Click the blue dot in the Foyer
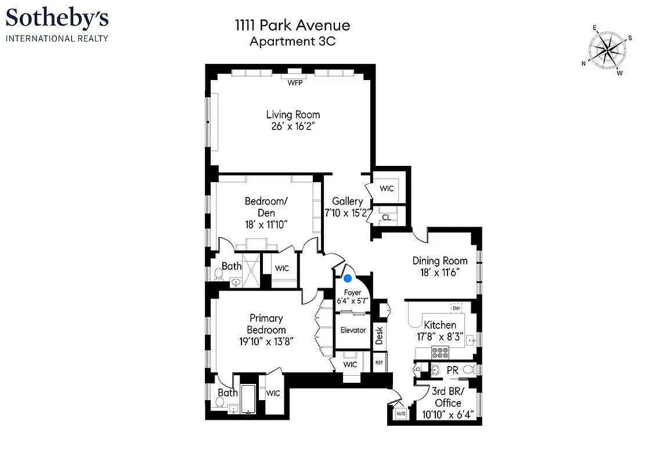[x=348, y=278]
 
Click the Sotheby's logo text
[x=57, y=19]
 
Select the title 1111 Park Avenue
[x=293, y=26]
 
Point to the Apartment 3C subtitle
[x=293, y=41]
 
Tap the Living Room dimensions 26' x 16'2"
[x=293, y=126]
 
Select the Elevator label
[x=353, y=330]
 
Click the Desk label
[x=380, y=336]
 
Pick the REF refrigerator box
[x=380, y=362]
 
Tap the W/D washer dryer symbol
[x=400, y=414]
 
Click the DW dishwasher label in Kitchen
[x=456, y=308]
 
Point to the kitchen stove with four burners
[x=440, y=351]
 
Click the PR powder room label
[x=452, y=369]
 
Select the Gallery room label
[x=348, y=201]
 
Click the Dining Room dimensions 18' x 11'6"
[x=439, y=272]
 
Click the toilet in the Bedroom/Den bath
[x=218, y=273]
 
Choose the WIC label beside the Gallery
[x=387, y=188]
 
